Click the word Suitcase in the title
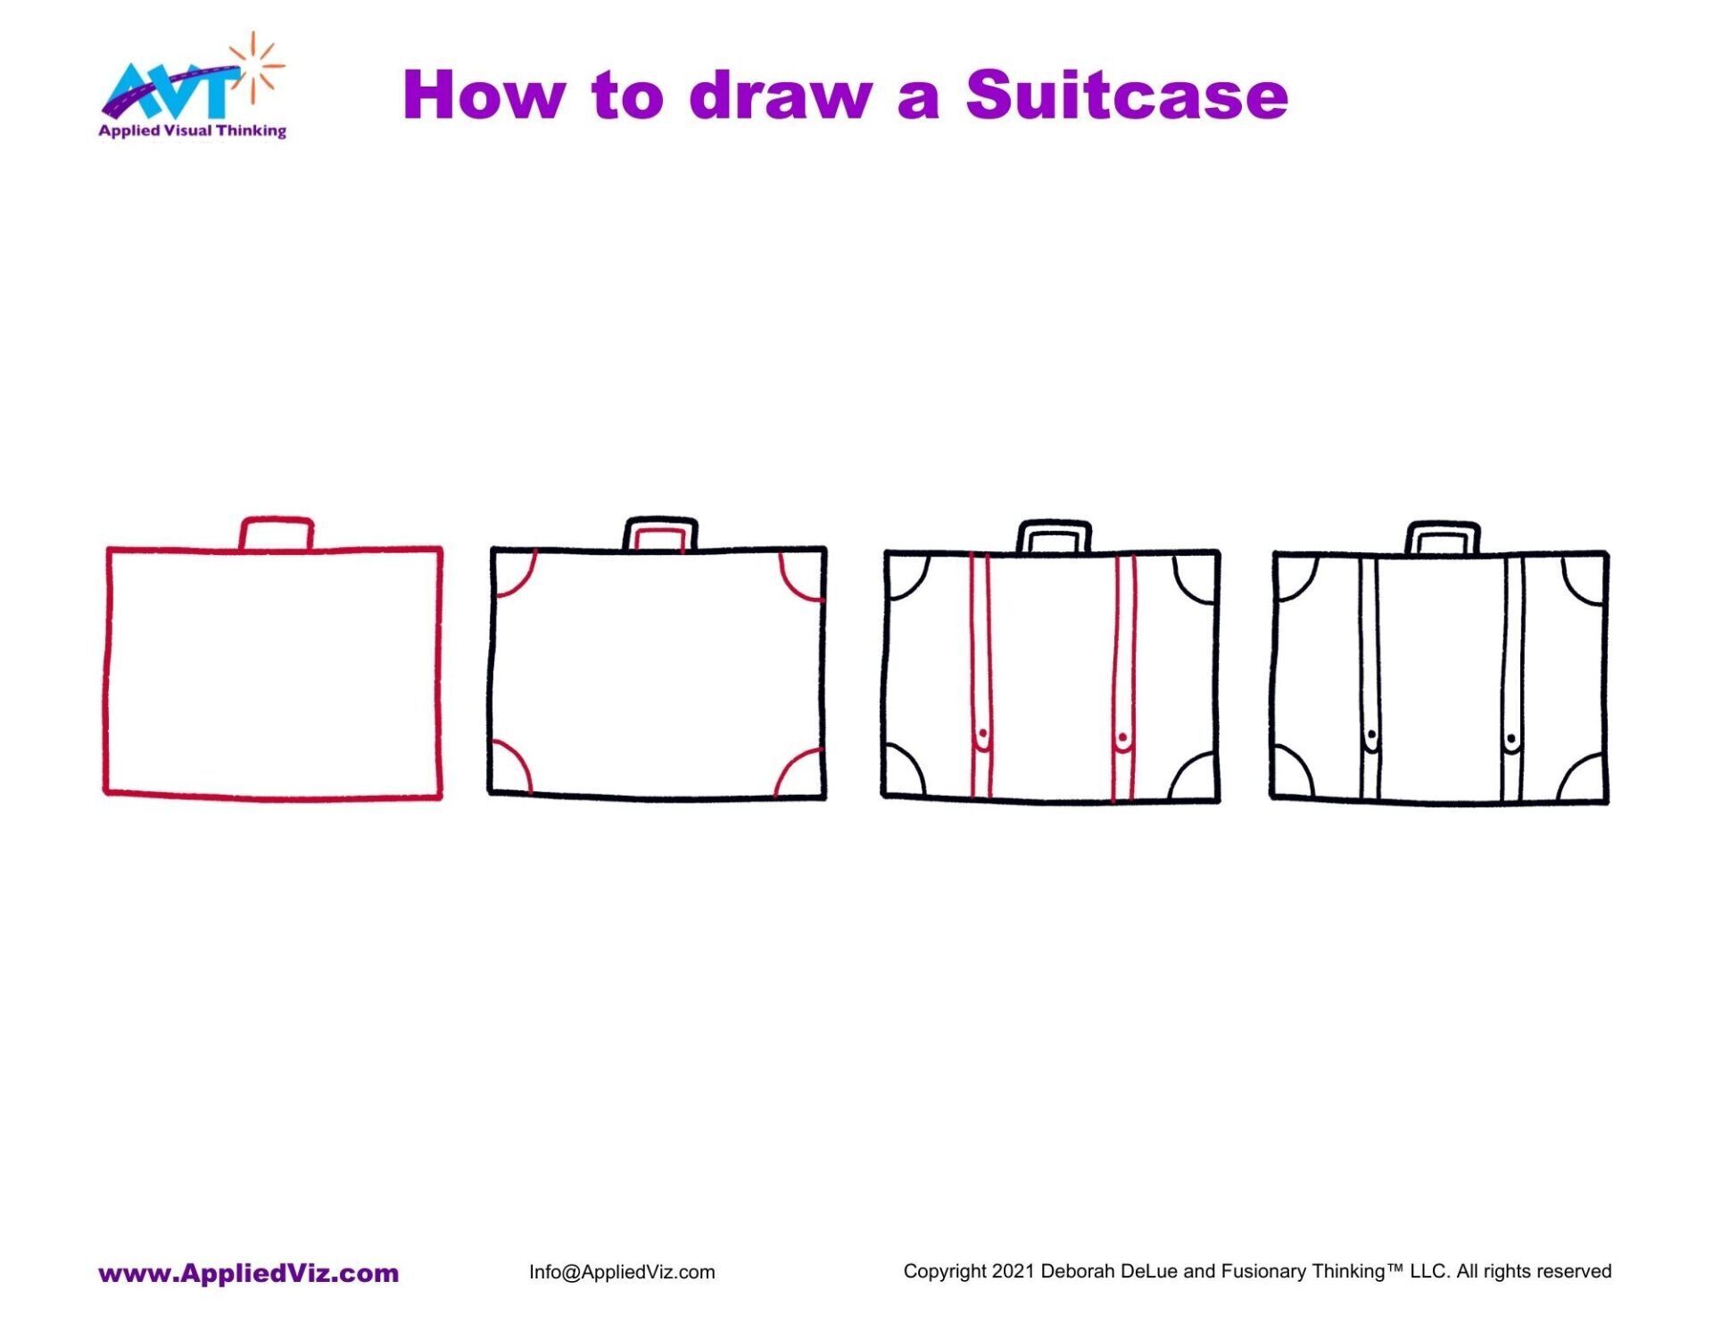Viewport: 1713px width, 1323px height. [1126, 95]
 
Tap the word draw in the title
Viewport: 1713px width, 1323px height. [780, 95]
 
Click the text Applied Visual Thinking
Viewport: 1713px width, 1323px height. [192, 131]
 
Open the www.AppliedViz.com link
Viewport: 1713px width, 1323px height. [248, 1273]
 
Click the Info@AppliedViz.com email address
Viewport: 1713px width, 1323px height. [622, 1272]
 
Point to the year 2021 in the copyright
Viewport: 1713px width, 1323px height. [1013, 1271]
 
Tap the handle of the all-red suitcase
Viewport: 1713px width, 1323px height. [277, 533]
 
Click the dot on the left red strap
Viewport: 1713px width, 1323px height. [982, 734]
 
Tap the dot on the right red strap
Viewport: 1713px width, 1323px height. [1122, 737]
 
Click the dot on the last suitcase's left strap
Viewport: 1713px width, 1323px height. [1371, 735]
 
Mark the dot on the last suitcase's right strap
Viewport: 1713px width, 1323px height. [1510, 738]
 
